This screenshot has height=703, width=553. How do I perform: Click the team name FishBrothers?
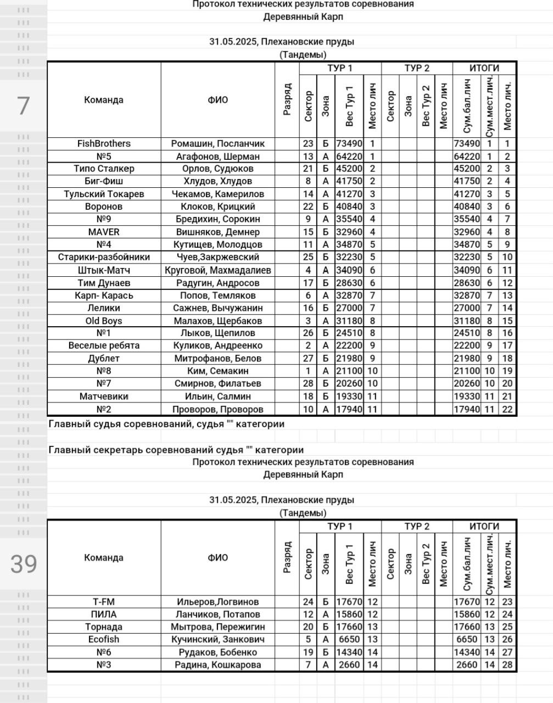tap(104, 144)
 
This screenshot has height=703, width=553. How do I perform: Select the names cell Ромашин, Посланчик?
tap(217, 144)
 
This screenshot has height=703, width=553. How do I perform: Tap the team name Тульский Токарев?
tap(104, 194)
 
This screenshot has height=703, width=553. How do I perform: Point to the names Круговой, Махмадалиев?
tap(217, 270)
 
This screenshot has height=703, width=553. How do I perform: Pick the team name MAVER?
tap(104, 232)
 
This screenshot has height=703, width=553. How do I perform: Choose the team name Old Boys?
tap(104, 321)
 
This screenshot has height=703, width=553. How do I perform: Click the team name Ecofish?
tap(104, 640)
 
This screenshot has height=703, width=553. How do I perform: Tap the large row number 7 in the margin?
tap(23, 105)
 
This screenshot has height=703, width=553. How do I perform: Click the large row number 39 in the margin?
tap(24, 564)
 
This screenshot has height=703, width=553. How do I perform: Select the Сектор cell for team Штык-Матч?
tap(308, 270)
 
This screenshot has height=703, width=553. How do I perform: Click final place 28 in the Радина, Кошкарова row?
tap(507, 665)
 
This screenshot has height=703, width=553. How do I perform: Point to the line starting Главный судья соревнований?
tap(166, 424)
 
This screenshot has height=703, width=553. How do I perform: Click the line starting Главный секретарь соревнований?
tap(176, 450)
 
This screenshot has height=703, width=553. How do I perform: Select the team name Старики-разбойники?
tap(104, 258)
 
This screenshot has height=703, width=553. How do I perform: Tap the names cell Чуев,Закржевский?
tap(217, 258)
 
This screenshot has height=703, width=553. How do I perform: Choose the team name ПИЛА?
tap(104, 615)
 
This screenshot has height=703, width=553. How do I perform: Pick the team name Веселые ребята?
tap(104, 346)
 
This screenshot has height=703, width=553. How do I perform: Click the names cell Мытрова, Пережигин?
tap(217, 627)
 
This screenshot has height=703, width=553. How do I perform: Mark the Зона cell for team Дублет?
tap(325, 359)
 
